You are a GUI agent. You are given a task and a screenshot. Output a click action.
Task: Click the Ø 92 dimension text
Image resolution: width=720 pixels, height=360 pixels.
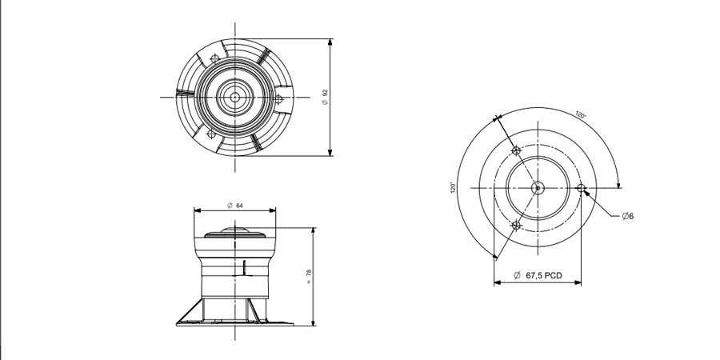(326, 96)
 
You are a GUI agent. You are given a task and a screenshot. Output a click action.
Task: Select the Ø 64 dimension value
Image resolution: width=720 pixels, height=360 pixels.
(235, 206)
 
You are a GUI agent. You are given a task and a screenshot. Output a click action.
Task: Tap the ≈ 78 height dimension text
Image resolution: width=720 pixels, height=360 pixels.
(309, 277)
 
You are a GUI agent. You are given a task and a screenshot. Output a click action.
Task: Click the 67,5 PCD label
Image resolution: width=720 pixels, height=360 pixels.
(538, 275)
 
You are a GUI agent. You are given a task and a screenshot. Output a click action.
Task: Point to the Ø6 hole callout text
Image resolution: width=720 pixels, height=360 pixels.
(628, 216)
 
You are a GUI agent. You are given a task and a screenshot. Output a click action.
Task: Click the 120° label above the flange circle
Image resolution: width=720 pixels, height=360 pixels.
(581, 114)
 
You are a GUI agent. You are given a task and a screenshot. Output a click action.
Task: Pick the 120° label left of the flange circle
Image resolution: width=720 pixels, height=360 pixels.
(453, 187)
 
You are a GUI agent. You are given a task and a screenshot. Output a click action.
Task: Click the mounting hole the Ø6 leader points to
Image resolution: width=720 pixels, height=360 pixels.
(581, 188)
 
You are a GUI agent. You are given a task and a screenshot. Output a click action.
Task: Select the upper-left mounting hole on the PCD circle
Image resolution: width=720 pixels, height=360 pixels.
(516, 150)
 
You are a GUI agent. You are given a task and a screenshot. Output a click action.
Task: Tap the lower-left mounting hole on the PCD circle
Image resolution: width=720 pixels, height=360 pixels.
(516, 226)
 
